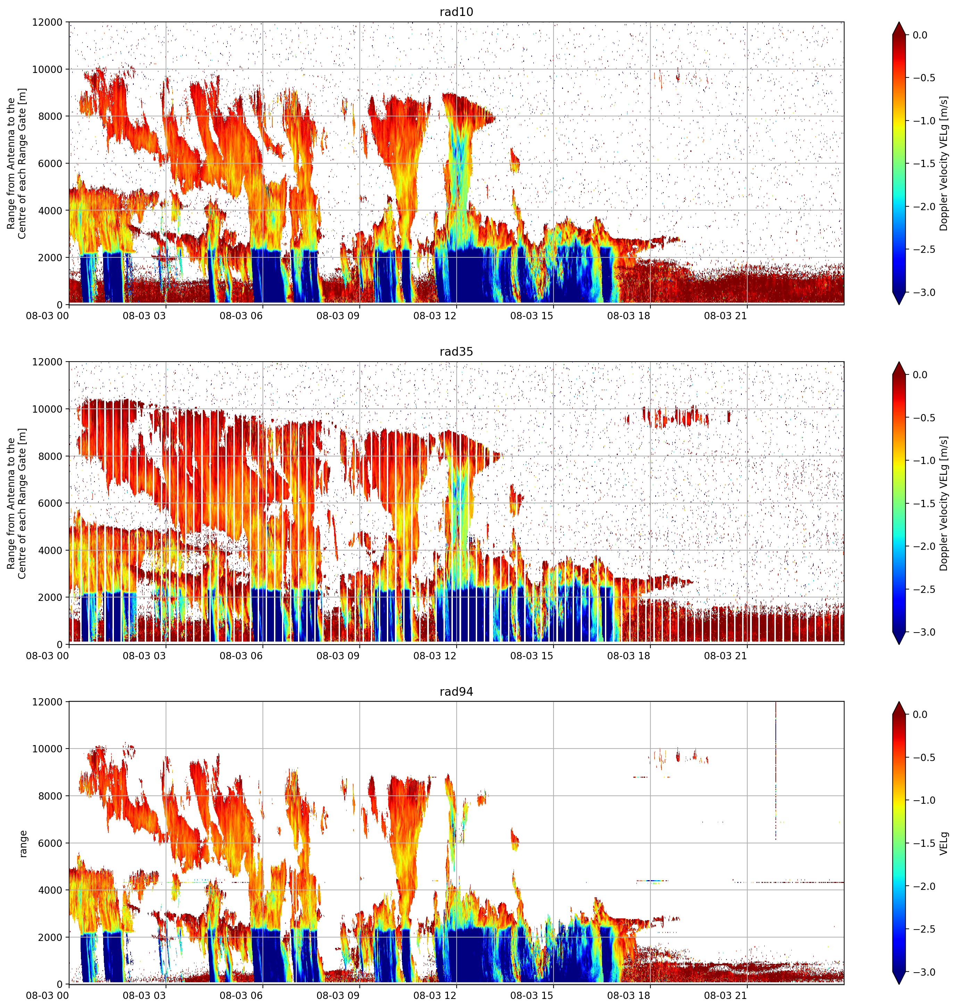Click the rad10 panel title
[456, 12]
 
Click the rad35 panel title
[456, 352]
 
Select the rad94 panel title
[456, 692]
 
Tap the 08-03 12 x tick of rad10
[435, 315]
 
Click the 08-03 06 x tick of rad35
[241, 655]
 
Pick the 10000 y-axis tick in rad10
[47, 69]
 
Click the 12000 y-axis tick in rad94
[47, 702]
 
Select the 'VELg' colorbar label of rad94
[944, 843]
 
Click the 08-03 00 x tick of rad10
[47, 315]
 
